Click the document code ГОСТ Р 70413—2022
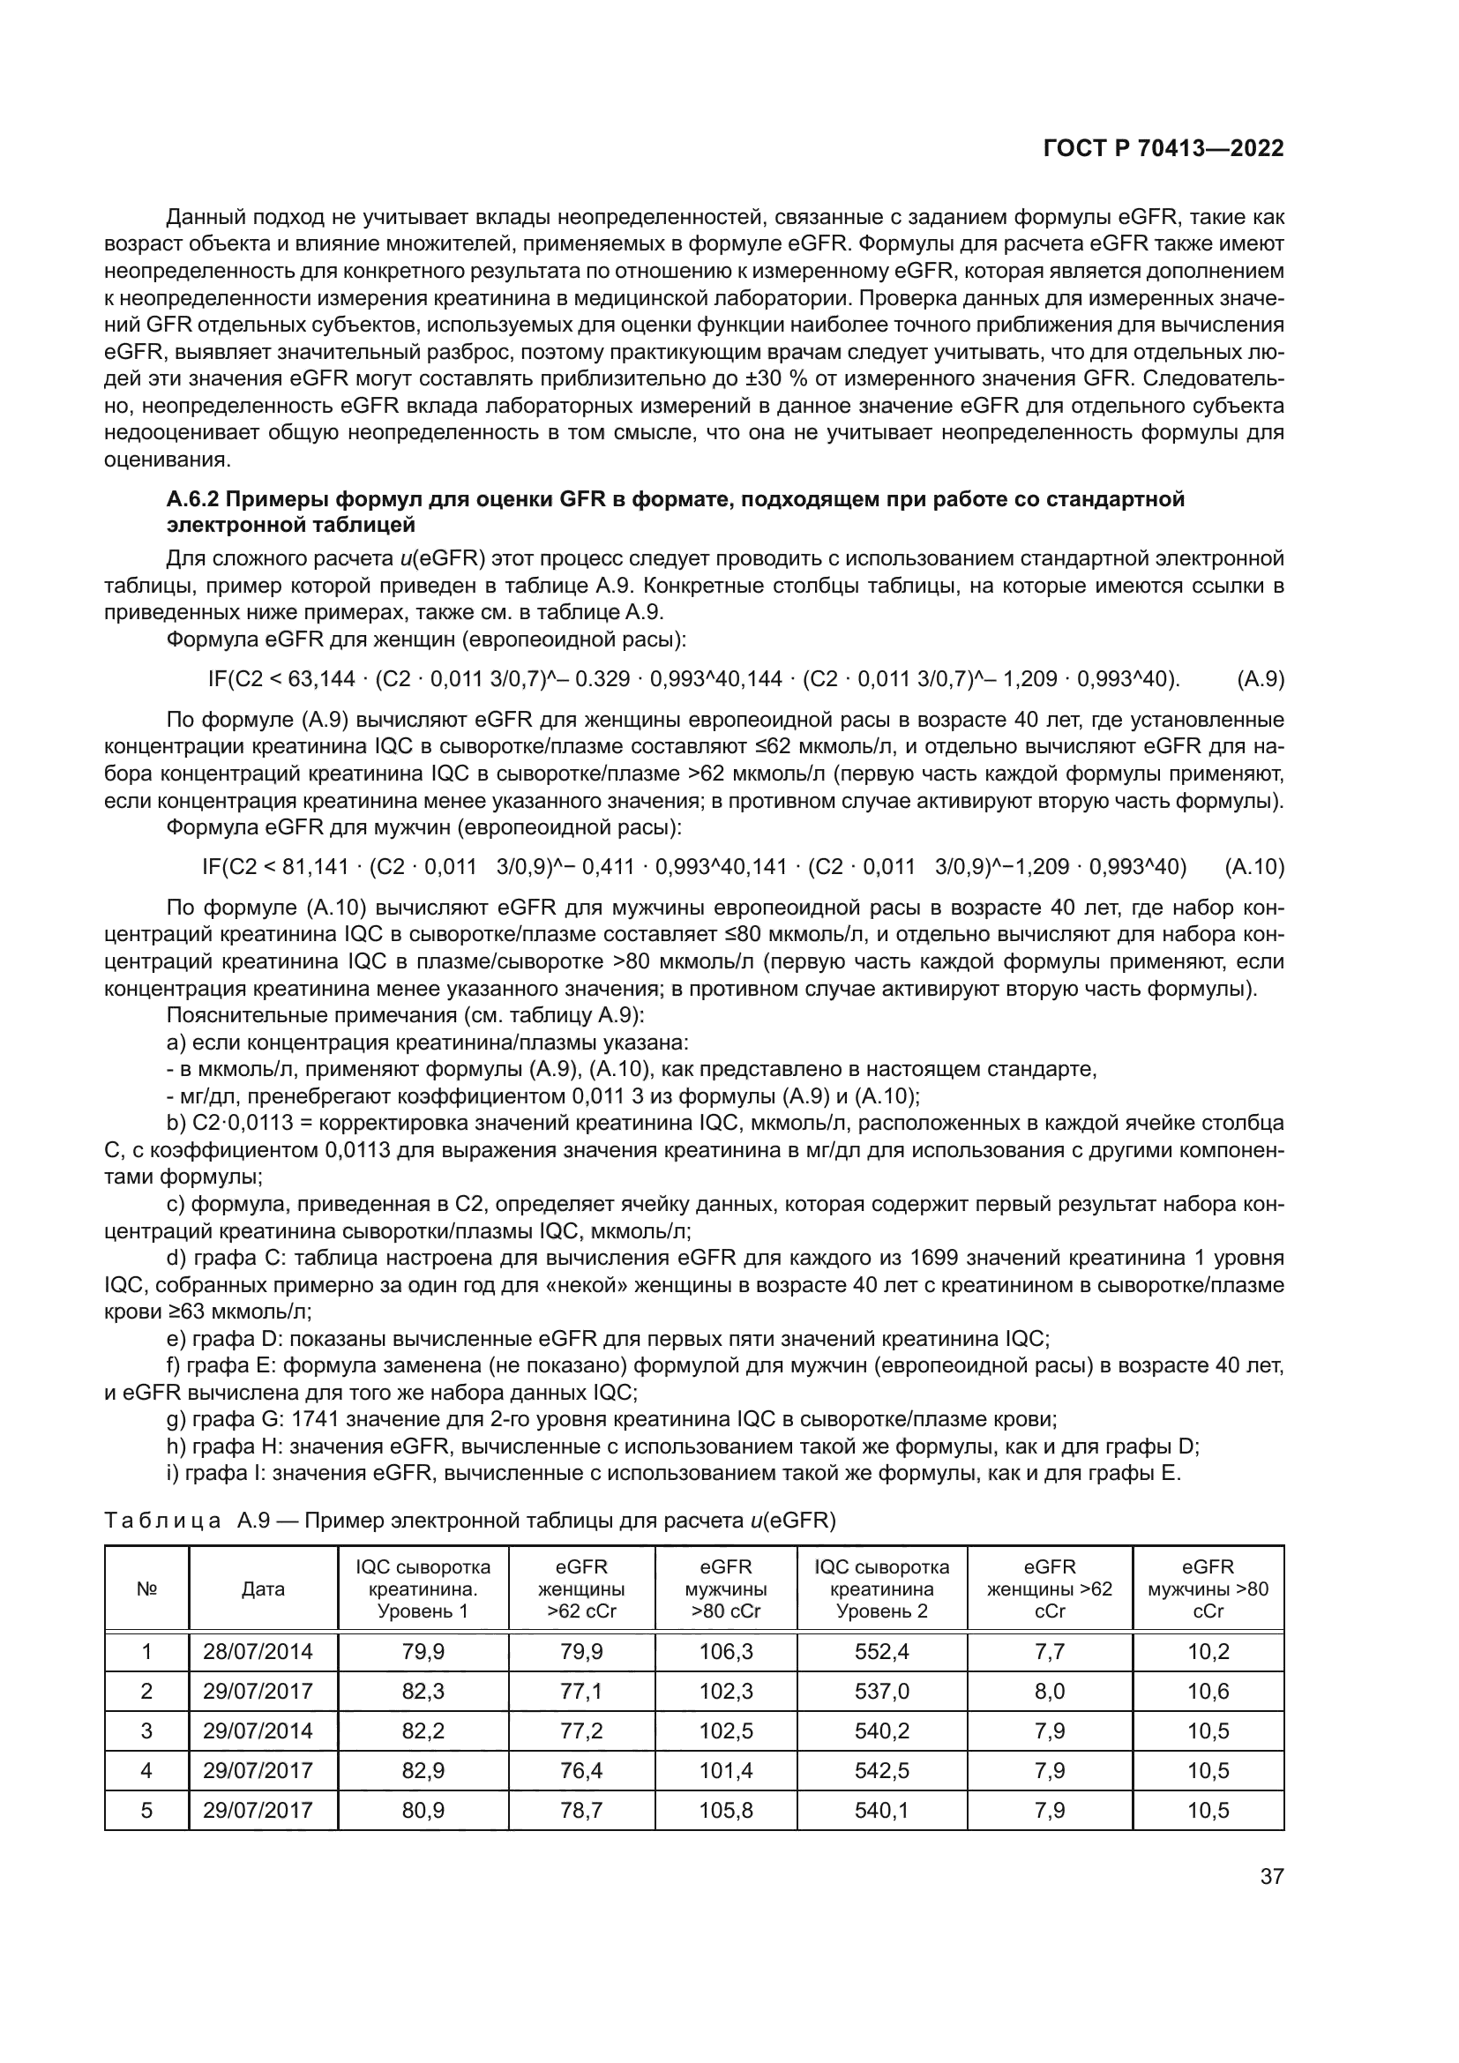tap(1163, 148)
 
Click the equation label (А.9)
tap(1261, 679)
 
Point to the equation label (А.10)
tap(1254, 867)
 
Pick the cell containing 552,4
tap(881, 1650)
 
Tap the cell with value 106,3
tap(725, 1650)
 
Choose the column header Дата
tap(263, 1588)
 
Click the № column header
tap(146, 1588)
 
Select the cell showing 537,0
tap(881, 1691)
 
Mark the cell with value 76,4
tap(581, 1770)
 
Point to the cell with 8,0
tap(1050, 1691)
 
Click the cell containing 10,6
tap(1208, 1691)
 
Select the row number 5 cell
tap(146, 1810)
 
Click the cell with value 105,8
tap(725, 1810)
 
